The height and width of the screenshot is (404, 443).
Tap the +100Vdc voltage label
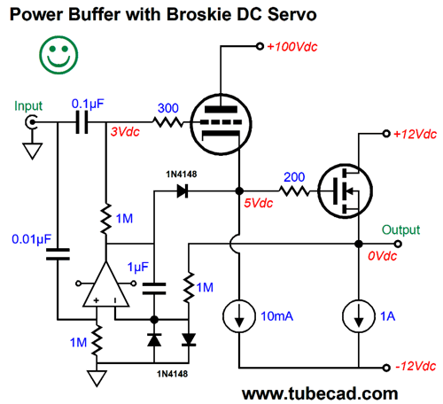tap(291, 47)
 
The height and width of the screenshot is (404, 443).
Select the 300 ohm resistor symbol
tap(168, 122)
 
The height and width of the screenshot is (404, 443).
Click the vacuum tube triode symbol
tap(221, 124)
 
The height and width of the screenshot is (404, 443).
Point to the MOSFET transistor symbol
tap(345, 191)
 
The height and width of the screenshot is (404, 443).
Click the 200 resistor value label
tap(294, 177)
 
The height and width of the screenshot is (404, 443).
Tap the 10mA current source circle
tap(239, 316)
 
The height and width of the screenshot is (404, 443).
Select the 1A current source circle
tap(359, 316)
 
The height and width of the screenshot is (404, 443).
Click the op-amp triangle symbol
tap(106, 284)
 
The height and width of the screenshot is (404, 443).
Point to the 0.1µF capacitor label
tap(88, 104)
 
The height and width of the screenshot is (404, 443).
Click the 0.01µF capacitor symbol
tap(58, 254)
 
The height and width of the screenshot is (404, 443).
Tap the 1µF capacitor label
tap(137, 267)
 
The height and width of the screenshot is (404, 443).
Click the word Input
tap(28, 106)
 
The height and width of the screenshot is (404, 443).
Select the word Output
tap(400, 229)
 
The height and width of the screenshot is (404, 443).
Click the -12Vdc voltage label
tap(416, 367)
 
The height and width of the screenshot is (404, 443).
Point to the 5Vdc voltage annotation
tap(259, 203)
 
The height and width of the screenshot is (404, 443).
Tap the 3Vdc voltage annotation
tap(125, 132)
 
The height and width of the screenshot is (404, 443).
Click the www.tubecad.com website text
tap(320, 393)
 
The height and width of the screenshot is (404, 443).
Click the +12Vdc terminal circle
tap(386, 134)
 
